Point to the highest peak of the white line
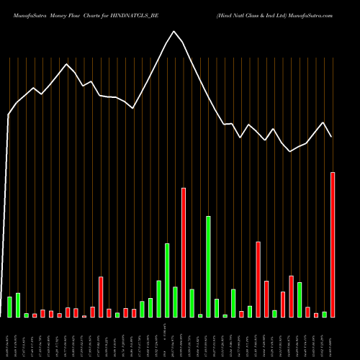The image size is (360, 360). pos(174,31)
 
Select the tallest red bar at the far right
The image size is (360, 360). pos(333,245)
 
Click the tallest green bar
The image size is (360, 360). pos(209,266)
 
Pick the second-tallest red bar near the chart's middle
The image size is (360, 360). pos(184,252)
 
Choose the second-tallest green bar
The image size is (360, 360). pos(167,280)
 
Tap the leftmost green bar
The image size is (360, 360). pos(9,307)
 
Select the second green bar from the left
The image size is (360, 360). pos(18,305)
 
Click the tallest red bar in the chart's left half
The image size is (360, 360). pos(101,297)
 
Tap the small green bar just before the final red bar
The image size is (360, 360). pos(325,314)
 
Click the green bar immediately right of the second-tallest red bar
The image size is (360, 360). pos(192,302)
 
